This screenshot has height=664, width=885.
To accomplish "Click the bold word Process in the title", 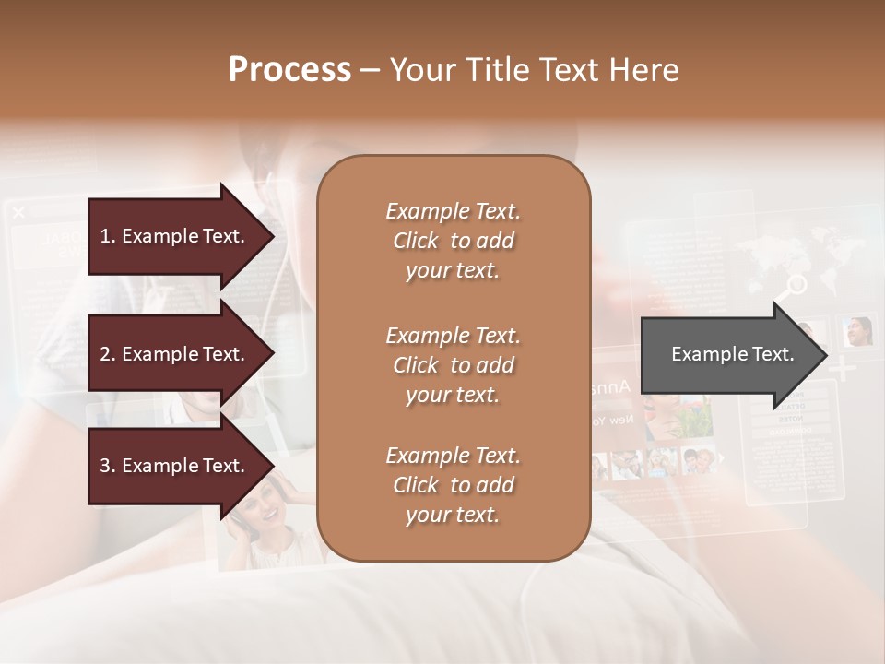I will click(289, 70).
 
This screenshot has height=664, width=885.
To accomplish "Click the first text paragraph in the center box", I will click(453, 241).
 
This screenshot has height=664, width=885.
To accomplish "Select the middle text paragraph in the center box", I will click(453, 365).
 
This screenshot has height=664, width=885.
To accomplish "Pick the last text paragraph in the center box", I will click(453, 485).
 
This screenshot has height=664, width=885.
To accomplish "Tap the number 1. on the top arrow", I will click(108, 236).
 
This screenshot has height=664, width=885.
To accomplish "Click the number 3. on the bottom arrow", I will click(108, 466).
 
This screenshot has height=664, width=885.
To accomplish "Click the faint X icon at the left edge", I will click(18, 213).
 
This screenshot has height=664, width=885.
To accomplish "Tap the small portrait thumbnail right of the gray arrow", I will click(857, 331).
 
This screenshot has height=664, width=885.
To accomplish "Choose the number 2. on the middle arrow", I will click(108, 354).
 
